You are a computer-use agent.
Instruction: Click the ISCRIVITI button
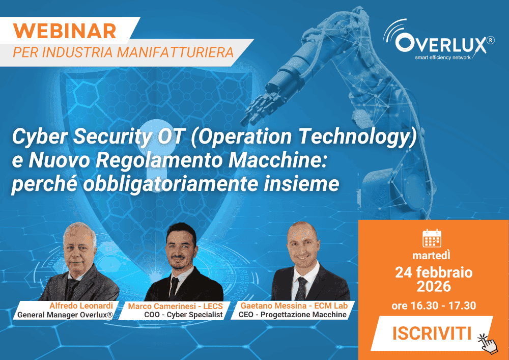point(431,334)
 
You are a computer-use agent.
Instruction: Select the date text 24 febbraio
point(434,272)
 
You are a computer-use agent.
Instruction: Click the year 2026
point(434,287)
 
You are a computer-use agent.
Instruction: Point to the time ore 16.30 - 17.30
point(434,306)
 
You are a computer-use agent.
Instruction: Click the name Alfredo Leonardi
point(81,305)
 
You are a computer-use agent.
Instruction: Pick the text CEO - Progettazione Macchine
point(292,315)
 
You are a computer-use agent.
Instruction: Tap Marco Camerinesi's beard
point(181,260)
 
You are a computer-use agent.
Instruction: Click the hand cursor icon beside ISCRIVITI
point(487,343)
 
